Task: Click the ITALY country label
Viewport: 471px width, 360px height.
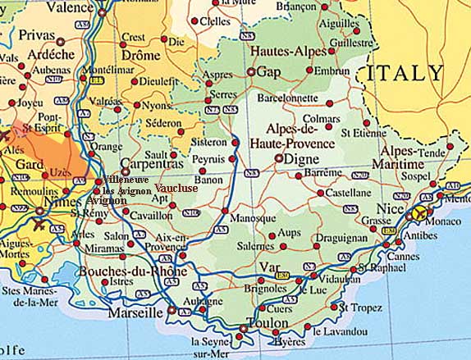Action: (x=405, y=73)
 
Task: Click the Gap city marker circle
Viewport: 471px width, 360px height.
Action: (x=251, y=72)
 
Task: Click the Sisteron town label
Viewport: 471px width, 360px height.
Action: (x=208, y=140)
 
